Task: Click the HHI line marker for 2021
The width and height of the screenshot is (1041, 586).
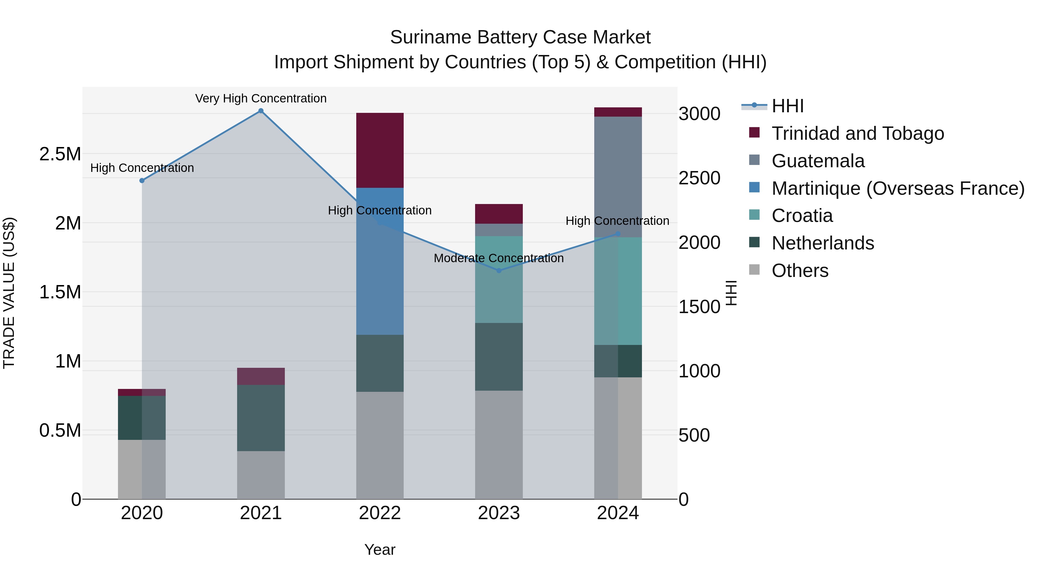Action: (x=261, y=111)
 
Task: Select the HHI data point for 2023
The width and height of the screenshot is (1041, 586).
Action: (x=499, y=271)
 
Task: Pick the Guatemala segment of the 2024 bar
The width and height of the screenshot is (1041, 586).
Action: (x=618, y=177)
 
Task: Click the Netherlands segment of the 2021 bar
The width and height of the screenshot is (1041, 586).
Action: (x=261, y=418)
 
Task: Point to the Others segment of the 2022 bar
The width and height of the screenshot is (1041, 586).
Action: (x=380, y=445)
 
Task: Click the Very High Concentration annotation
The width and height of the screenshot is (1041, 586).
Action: (x=261, y=98)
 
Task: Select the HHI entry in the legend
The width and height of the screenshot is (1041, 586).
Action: (x=787, y=106)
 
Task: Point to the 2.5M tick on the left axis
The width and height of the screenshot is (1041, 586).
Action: (x=60, y=154)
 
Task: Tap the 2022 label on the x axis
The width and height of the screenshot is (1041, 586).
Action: (x=380, y=513)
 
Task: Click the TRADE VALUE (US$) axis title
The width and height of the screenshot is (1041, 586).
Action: (x=9, y=293)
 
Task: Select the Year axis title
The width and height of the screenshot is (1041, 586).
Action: (x=380, y=550)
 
